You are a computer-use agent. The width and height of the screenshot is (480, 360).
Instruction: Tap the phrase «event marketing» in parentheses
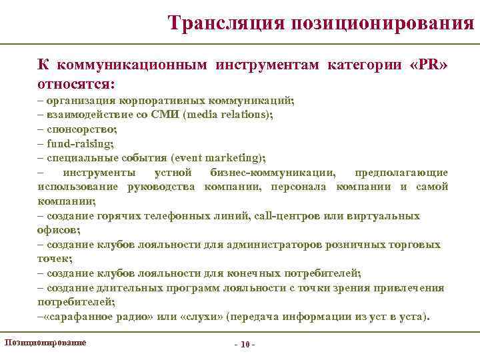217,158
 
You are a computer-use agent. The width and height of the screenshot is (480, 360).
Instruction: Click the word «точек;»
55,259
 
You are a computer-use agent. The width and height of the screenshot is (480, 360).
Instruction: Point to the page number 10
244,344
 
